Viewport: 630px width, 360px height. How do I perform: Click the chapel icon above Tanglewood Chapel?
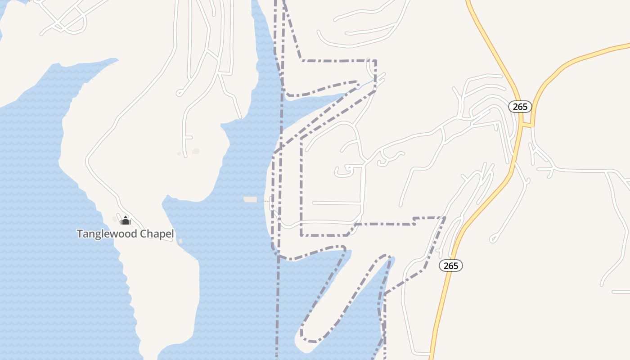[x=126, y=220]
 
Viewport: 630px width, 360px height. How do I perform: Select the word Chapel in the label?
[x=158, y=234]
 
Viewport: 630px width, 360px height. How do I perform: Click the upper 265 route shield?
[x=520, y=107]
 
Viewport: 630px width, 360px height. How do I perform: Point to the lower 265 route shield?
[x=450, y=265]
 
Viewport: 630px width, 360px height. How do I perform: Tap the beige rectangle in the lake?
[x=250, y=199]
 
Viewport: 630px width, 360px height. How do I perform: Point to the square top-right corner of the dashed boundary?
[x=376, y=61]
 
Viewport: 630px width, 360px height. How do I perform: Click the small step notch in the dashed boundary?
[x=414, y=221]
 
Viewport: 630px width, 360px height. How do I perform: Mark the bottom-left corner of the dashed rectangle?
[x=301, y=235]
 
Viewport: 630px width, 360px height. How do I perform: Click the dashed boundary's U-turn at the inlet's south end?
[x=309, y=340]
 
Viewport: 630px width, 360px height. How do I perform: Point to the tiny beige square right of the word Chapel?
[x=180, y=241]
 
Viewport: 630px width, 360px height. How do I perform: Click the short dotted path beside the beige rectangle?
[x=266, y=201]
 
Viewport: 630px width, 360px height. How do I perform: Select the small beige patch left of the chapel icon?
[x=115, y=219]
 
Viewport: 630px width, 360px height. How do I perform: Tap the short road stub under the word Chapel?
[x=167, y=240]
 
